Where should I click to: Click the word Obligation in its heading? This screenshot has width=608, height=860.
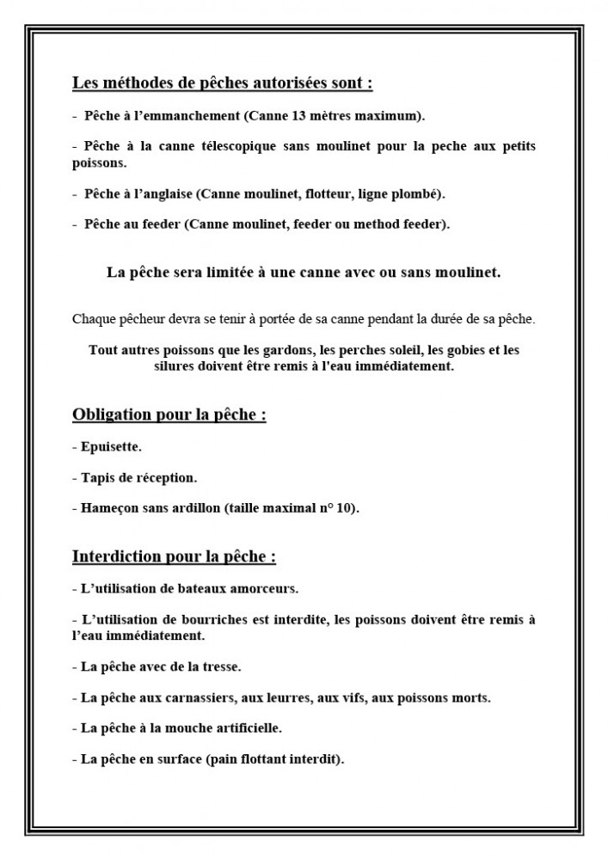tap(114, 415)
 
